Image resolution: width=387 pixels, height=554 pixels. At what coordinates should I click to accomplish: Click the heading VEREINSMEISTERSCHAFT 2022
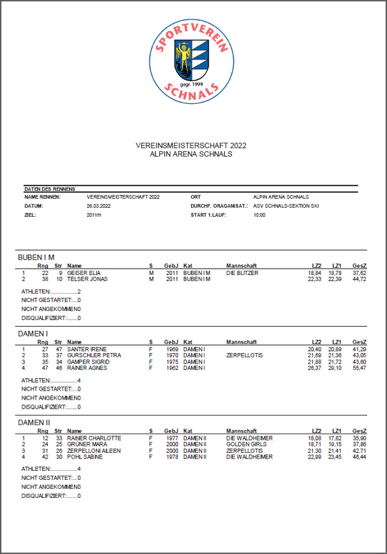click(x=191, y=146)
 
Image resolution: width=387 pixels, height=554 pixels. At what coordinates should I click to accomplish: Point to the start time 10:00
click(x=260, y=215)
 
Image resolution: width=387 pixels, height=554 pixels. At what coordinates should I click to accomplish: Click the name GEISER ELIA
click(x=84, y=274)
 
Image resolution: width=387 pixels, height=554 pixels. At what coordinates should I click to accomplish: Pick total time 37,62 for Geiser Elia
click(x=359, y=274)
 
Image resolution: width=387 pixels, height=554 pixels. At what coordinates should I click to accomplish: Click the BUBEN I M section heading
click(x=36, y=258)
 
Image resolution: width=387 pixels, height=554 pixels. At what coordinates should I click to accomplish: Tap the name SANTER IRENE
click(x=85, y=350)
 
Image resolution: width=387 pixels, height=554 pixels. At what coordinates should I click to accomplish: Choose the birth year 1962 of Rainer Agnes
click(x=171, y=368)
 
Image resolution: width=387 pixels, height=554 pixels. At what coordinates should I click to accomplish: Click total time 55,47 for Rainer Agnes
click(x=359, y=368)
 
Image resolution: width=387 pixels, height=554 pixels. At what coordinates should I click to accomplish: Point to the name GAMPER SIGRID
click(x=87, y=362)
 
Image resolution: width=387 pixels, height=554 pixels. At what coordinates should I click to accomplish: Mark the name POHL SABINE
click(x=84, y=457)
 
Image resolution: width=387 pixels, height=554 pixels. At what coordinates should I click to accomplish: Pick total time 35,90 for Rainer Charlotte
click(x=359, y=438)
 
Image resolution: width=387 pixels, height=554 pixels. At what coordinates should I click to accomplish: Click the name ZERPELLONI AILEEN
click(x=95, y=451)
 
